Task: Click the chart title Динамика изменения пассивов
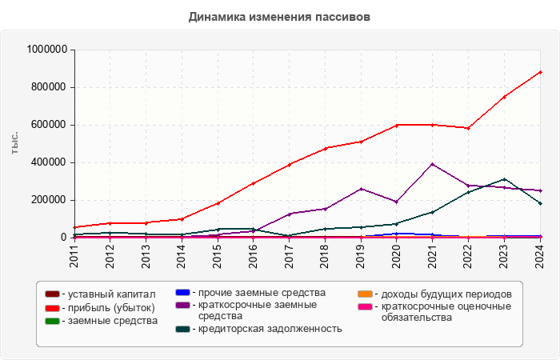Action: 280,16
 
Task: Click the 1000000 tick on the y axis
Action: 46,50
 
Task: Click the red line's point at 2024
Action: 541,72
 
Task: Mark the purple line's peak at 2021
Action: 433,164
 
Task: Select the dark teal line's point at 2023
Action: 505,179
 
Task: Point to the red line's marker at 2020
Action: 397,125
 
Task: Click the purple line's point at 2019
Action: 361,189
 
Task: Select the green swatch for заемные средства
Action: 52,320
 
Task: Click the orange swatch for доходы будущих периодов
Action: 364,294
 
